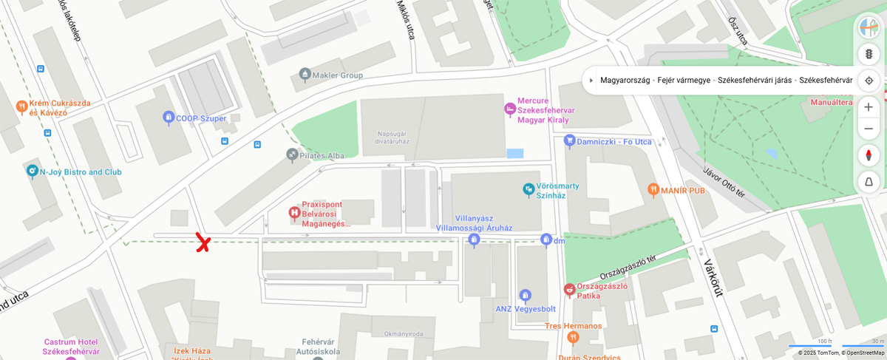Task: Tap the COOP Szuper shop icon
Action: (x=169, y=118)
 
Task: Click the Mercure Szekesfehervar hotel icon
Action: (x=510, y=109)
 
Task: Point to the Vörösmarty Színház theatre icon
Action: (x=529, y=190)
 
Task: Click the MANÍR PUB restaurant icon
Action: (x=653, y=190)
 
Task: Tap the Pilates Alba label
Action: (x=322, y=155)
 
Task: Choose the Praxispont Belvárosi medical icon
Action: (x=294, y=214)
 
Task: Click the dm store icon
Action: (x=546, y=240)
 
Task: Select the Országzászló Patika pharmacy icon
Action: (x=569, y=290)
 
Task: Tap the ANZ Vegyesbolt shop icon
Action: (x=525, y=296)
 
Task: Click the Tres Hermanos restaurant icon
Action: (x=573, y=338)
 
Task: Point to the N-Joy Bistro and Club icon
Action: (x=32, y=171)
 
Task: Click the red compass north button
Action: (x=869, y=155)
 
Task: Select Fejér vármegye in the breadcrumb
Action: (x=684, y=81)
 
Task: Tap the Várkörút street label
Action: (x=712, y=277)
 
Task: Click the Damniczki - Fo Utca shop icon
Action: (x=569, y=140)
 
